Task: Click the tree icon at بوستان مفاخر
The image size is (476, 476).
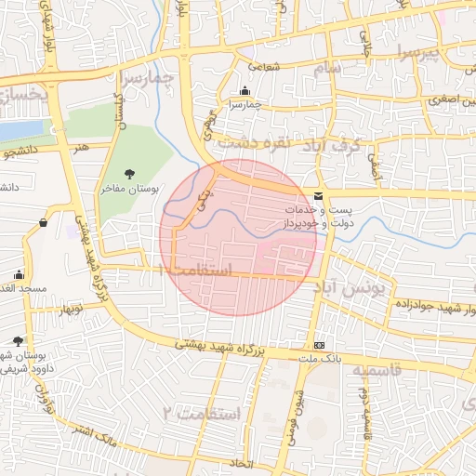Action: click(129, 173)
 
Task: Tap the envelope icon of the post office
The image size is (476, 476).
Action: click(319, 196)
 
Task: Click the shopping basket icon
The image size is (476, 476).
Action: click(44, 222)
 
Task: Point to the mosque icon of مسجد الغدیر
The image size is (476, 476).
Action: click(19, 274)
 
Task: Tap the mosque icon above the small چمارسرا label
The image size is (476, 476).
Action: click(245, 90)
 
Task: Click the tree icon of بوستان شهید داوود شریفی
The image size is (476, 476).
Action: click(19, 341)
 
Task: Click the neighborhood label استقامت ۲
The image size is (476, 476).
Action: click(203, 412)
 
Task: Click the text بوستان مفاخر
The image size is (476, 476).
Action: click(130, 189)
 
